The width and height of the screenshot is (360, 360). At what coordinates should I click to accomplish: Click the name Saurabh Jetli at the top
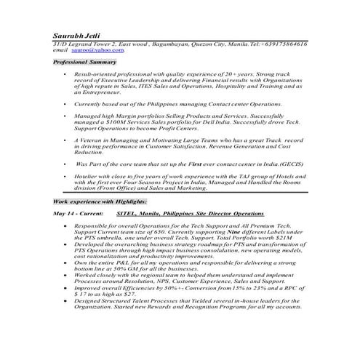click(74, 36)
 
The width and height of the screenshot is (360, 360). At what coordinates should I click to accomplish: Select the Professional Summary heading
click(84, 63)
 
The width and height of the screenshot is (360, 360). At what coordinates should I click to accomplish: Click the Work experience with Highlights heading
click(100, 200)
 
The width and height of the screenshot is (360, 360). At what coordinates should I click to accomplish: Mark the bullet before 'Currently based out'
click(65, 105)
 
